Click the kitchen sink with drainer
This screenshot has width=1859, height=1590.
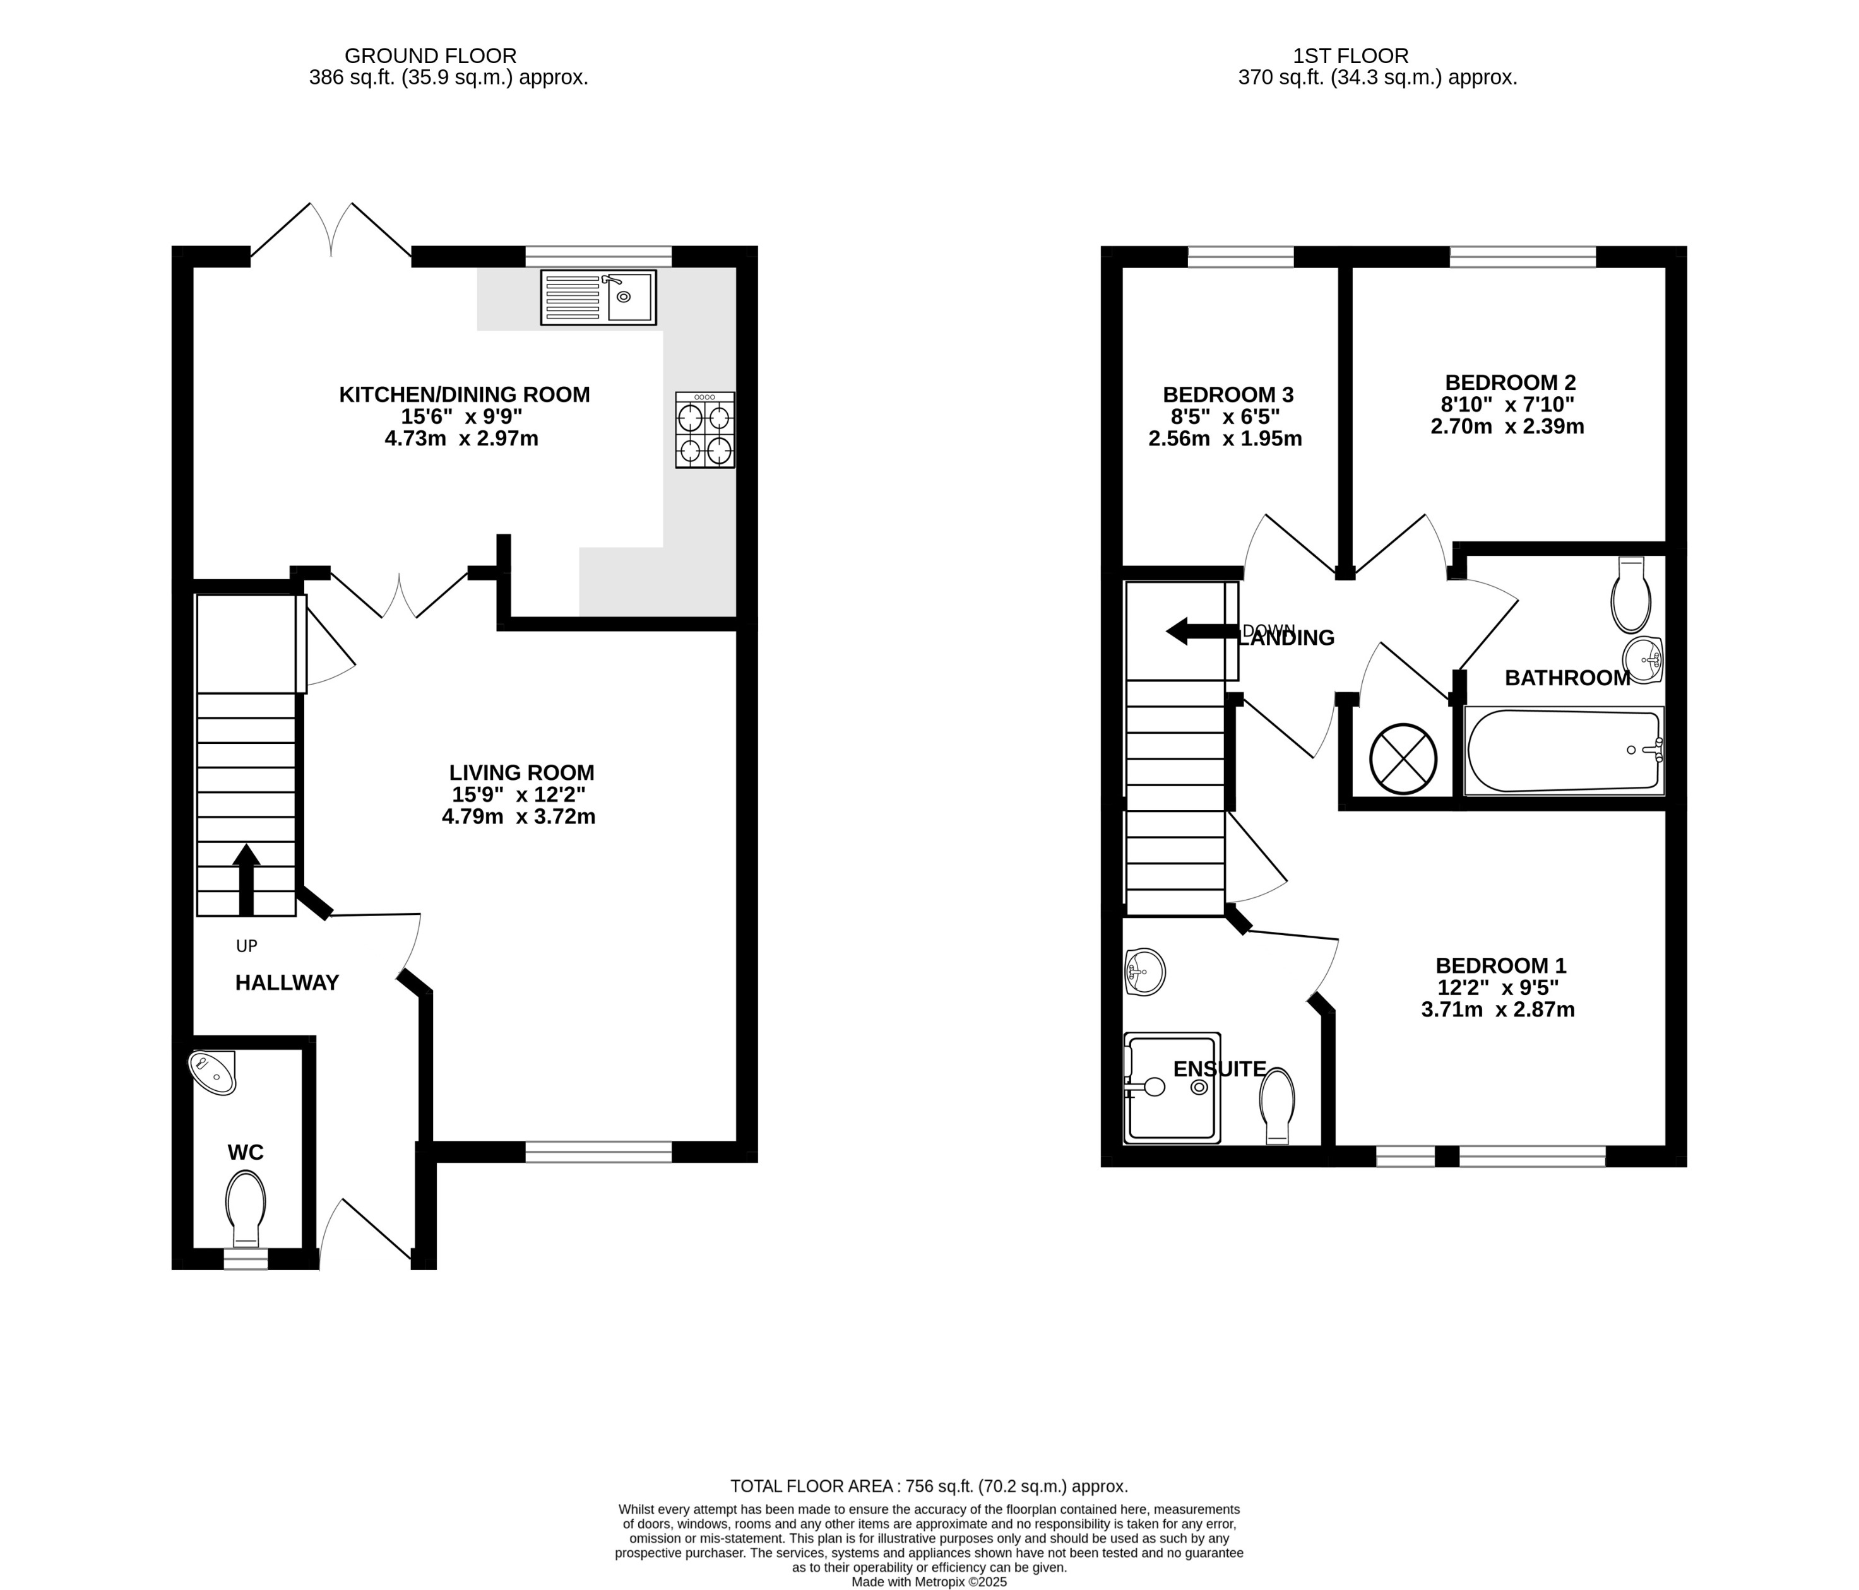[598, 297]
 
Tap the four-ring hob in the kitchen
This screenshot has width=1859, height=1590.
[704, 430]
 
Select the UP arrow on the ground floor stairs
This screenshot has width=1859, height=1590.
[246, 879]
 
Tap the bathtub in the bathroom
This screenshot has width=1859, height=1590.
[1563, 751]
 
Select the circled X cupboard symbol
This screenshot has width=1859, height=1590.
[1403, 758]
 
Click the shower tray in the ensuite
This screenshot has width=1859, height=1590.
[1172, 1088]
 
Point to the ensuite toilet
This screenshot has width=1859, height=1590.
[1277, 1105]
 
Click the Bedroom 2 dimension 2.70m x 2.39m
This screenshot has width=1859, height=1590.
[1507, 427]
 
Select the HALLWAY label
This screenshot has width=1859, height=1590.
[287, 983]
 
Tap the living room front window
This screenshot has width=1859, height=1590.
[598, 1151]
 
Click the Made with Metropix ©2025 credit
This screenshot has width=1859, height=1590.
[929, 1582]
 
